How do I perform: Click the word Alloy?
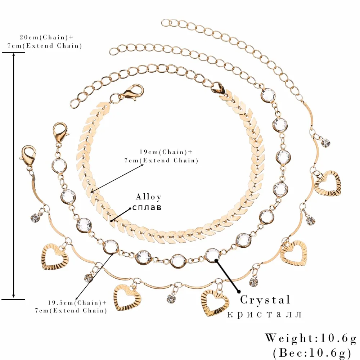click(x=148, y=197)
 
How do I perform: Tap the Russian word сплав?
click(x=147, y=208)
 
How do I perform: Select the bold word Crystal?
click(x=265, y=300)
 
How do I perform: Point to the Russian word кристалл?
click(x=265, y=314)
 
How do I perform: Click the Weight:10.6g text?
click(x=311, y=338)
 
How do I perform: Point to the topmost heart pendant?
click(x=328, y=183)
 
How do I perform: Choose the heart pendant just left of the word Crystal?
click(x=215, y=302)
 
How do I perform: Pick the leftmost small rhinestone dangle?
click(x=35, y=217)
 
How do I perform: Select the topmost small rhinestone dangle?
click(x=326, y=143)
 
